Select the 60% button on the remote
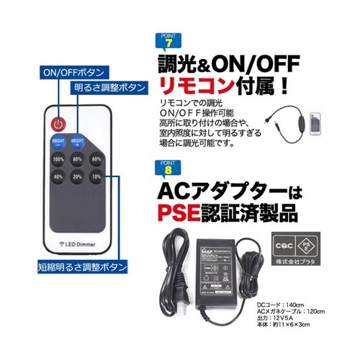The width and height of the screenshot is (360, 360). pyautogui.click(x=96, y=159)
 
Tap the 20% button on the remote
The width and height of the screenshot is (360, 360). pyautogui.click(x=78, y=177)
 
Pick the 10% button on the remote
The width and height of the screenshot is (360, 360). pyautogui.click(x=96, y=177)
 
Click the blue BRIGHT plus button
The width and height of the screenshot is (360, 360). pyautogui.click(x=78, y=141)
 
